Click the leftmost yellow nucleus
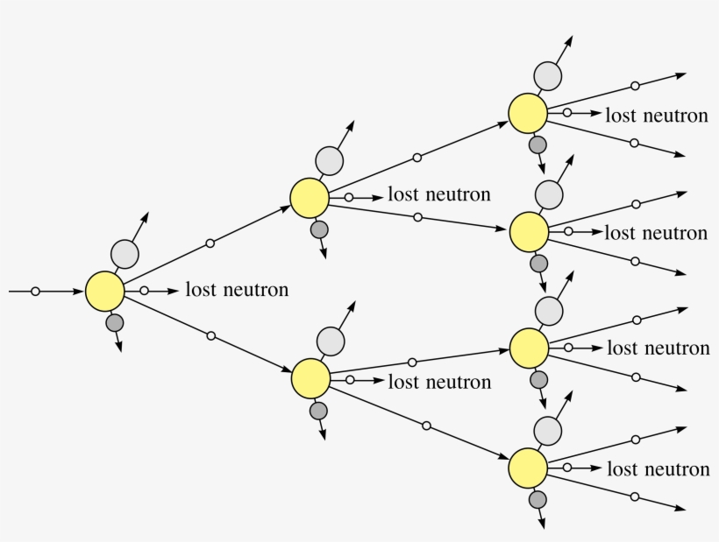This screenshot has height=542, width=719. (105, 291)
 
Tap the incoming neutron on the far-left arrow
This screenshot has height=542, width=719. (35, 291)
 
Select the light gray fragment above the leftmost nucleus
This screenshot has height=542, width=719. (125, 254)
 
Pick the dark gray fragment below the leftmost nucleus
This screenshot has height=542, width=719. (115, 323)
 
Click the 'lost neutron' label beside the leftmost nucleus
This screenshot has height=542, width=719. (237, 290)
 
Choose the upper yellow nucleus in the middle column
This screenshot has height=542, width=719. (310, 198)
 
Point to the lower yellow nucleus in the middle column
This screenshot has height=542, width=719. (310, 378)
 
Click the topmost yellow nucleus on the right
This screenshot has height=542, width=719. (528, 114)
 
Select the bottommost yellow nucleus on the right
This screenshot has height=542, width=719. (528, 468)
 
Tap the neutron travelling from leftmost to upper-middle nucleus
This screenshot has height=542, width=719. (210, 243)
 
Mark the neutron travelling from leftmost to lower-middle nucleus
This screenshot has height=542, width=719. (210, 335)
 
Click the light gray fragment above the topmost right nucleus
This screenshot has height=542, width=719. (547, 76)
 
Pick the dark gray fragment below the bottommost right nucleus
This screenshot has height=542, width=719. (538, 500)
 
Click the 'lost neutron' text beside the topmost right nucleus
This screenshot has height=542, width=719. (656, 116)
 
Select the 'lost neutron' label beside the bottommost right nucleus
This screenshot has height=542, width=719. (658, 470)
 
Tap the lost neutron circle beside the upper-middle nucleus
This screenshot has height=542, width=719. (349, 198)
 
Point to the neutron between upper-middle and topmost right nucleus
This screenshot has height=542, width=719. (417, 158)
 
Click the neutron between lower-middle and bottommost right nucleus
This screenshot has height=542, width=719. (426, 426)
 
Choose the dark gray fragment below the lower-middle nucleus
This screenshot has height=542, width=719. (318, 410)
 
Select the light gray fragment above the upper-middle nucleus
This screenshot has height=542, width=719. (330, 160)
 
